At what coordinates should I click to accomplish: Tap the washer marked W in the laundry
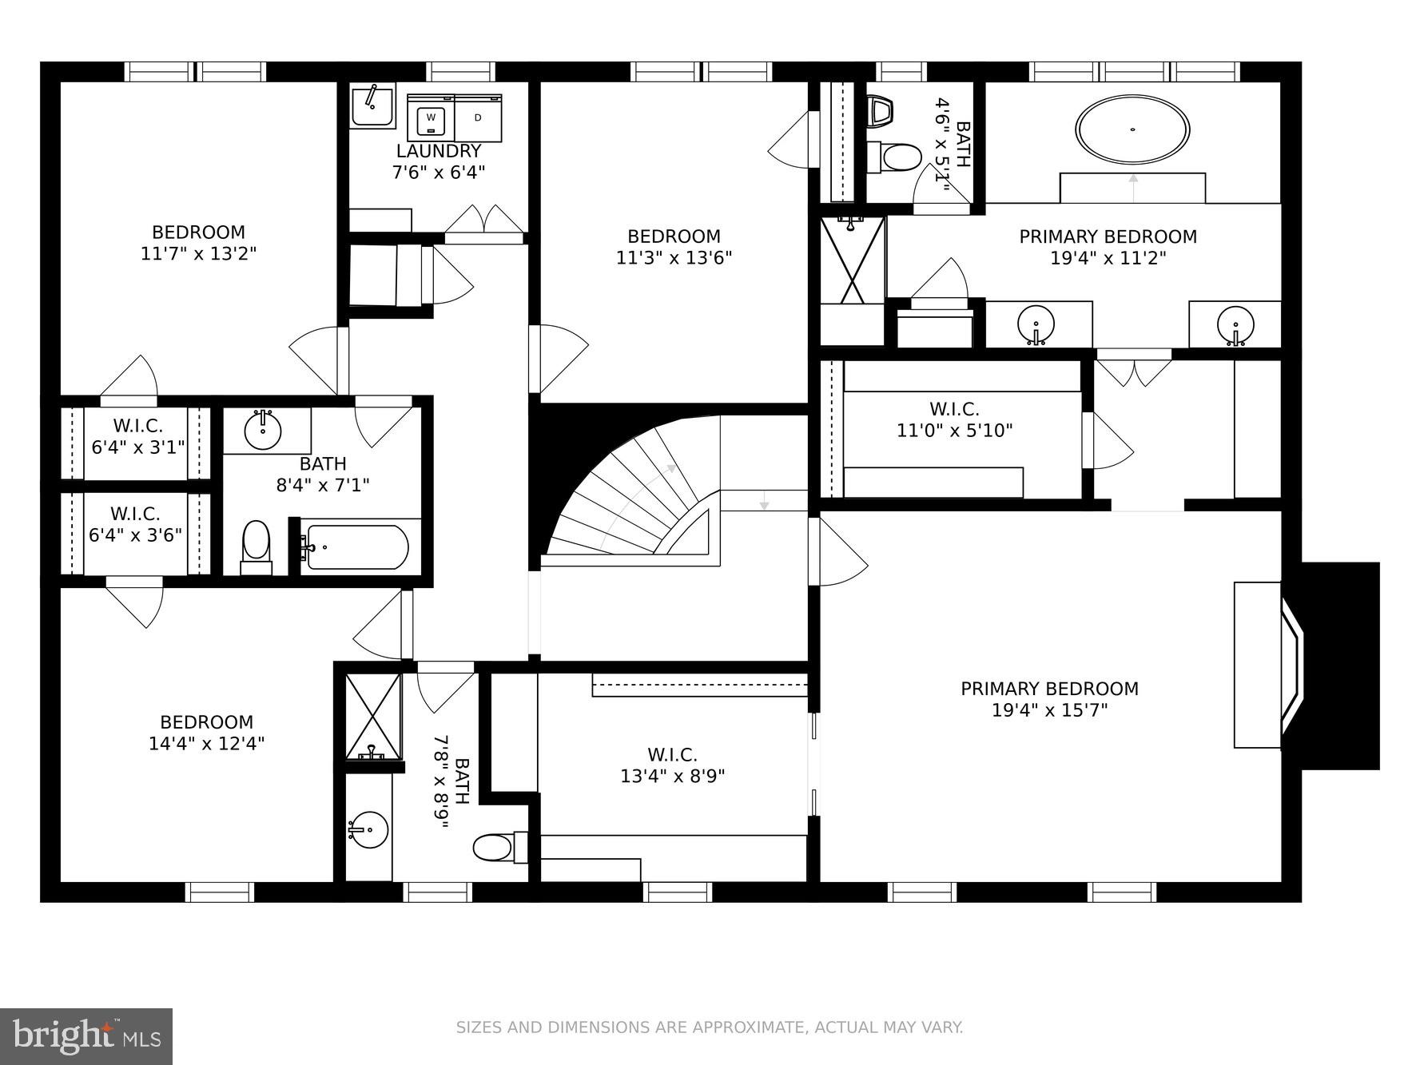[431, 119]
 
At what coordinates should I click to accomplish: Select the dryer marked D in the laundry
[478, 119]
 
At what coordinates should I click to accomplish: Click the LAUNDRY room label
[439, 151]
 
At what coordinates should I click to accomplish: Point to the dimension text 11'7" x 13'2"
[198, 254]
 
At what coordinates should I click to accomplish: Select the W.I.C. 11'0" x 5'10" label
[954, 420]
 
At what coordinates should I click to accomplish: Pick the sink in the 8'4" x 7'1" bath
[263, 432]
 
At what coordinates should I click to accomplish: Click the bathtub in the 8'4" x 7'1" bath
[356, 547]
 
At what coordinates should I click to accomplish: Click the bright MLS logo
[86, 1036]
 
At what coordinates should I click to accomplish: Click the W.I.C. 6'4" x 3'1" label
[137, 436]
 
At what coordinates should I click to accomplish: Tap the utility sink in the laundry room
[372, 107]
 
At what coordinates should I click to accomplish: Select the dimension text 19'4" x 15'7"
[1049, 710]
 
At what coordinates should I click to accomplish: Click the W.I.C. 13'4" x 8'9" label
[672, 765]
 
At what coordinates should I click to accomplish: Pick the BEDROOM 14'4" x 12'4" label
[206, 733]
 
